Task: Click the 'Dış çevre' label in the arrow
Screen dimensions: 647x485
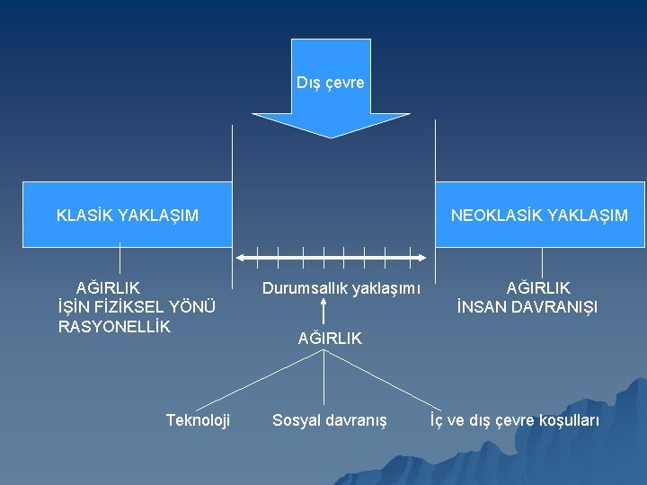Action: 331,83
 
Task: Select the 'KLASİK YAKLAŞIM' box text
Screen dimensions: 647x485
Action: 128,216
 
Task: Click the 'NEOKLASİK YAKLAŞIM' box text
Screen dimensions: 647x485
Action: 539,216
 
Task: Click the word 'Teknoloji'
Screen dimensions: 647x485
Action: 198,419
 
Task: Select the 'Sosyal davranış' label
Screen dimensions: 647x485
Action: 330,419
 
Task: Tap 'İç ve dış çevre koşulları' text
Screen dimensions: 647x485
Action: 514,419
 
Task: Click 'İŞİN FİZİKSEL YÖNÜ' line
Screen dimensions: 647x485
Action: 136,307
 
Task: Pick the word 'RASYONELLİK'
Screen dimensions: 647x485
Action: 114,325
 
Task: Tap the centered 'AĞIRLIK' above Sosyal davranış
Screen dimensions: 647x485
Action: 330,339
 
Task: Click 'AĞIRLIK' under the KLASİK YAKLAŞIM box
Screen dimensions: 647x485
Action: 108,288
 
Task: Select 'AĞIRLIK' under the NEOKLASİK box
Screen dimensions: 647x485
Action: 538,288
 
